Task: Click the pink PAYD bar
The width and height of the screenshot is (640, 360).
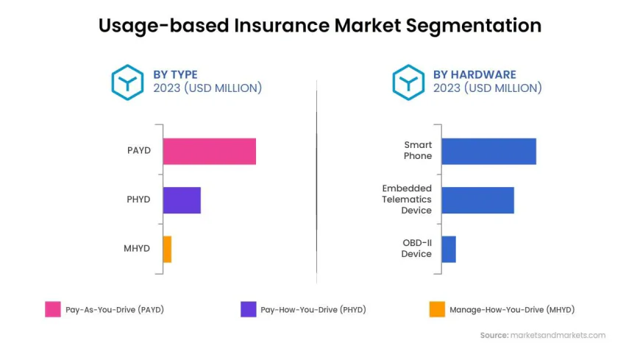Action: click(209, 151)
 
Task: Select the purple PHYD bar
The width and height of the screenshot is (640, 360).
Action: click(182, 200)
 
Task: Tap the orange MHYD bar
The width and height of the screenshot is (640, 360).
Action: click(167, 249)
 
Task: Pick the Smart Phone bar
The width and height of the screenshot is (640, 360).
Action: click(488, 151)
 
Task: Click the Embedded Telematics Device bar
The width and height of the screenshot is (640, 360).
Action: click(477, 200)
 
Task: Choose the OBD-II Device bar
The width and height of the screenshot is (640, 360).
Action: click(449, 249)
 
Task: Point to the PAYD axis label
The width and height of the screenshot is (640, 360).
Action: click(138, 151)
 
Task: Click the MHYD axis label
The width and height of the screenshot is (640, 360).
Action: click(137, 249)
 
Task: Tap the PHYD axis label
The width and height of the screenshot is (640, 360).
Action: click(138, 200)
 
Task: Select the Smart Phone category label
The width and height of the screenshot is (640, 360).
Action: click(418, 151)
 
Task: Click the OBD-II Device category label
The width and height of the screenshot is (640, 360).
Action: click(416, 248)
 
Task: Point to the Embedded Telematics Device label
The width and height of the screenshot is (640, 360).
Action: click(407, 200)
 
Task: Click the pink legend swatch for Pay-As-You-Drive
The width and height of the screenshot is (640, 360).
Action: click(53, 309)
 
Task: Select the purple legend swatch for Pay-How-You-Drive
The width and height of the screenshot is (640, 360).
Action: click(249, 309)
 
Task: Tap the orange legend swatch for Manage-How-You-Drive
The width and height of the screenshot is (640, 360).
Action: click(437, 309)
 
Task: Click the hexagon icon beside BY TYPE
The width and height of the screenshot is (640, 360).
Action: click(127, 82)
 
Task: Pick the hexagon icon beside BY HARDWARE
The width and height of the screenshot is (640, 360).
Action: click(408, 82)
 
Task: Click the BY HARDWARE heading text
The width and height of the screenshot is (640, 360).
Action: click(474, 74)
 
